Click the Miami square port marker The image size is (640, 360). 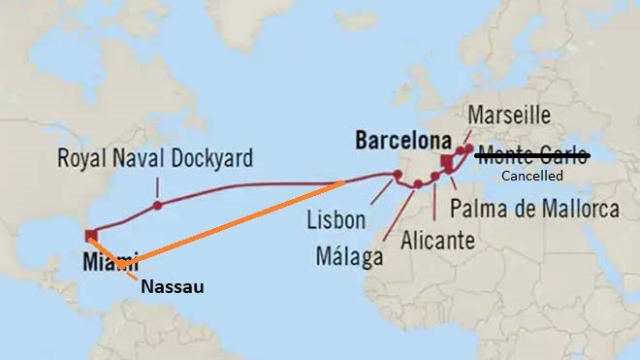point(90,234)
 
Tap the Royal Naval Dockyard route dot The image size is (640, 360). point(156,205)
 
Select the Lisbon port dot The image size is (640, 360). point(397,176)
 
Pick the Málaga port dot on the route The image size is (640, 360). point(417,184)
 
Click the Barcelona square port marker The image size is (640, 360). point(446,161)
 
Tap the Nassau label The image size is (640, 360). point(175,286)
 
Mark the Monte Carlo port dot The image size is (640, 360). point(469,150)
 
